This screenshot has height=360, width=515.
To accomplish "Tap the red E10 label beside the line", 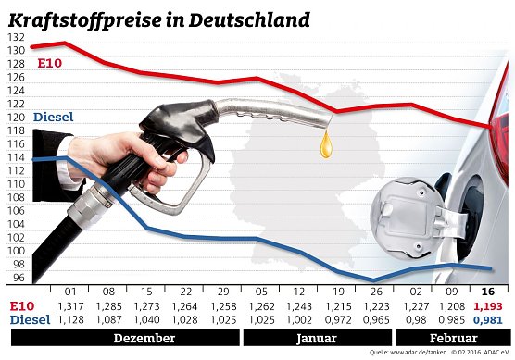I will pyautogui.click(x=49, y=63).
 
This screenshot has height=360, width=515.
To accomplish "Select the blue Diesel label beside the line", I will pyautogui.click(x=53, y=118).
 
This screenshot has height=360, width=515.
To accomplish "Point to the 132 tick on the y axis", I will pyautogui.click(x=16, y=37).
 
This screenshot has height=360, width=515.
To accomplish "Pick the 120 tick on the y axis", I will pyautogui.click(x=16, y=118).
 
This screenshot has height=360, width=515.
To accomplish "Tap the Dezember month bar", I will pyautogui.click(x=144, y=339).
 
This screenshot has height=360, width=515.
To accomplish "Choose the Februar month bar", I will pyautogui.click(x=452, y=339).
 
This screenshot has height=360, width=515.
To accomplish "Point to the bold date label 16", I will pyautogui.click(x=488, y=292).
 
